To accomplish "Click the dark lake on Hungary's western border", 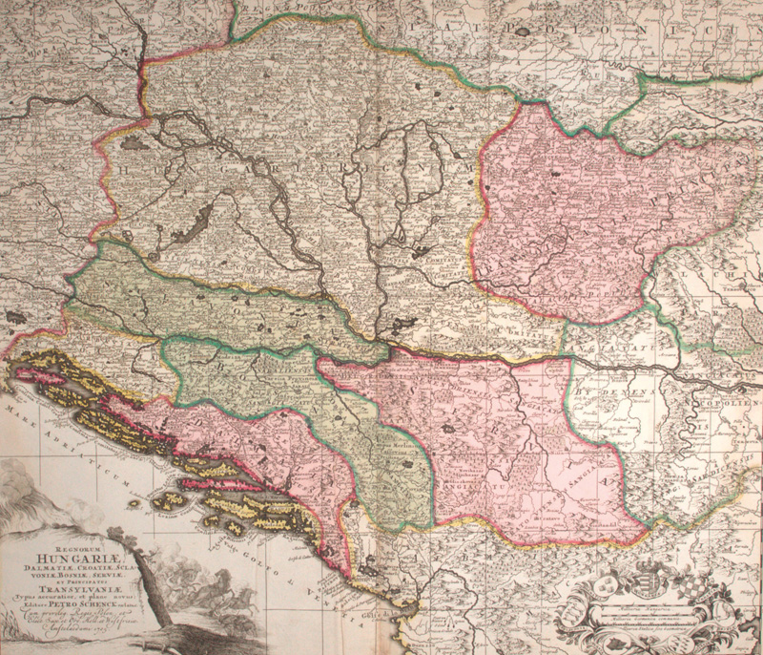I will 132,144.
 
